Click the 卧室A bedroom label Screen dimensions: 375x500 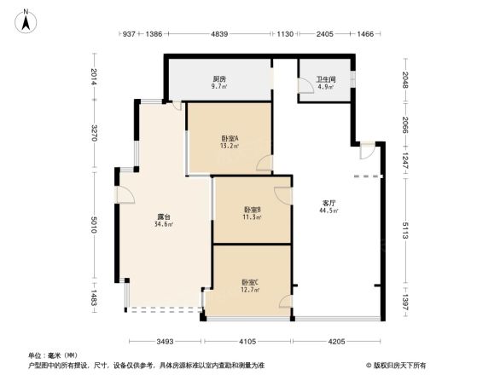(230, 138)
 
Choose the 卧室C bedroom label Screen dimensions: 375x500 (249, 282)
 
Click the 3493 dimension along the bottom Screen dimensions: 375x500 (165, 342)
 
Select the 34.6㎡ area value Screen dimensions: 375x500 (164, 225)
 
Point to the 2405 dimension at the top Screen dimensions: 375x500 (324, 34)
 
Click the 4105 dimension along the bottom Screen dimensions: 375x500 (247, 342)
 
